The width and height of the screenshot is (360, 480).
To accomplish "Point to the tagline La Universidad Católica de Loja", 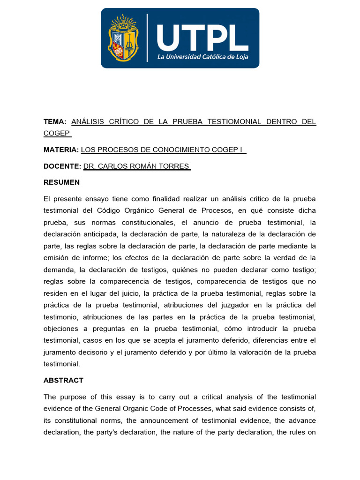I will pyautogui.click(x=202, y=57).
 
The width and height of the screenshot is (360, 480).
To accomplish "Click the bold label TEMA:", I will pyautogui.click(x=55, y=122).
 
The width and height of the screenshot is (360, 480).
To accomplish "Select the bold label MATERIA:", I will pyautogui.click(x=61, y=150).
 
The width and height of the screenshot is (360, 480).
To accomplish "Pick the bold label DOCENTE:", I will pyautogui.click(x=62, y=166).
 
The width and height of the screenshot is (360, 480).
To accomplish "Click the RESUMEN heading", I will pyautogui.click(x=61, y=182).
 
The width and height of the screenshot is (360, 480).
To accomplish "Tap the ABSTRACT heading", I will pyautogui.click(x=63, y=381).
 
